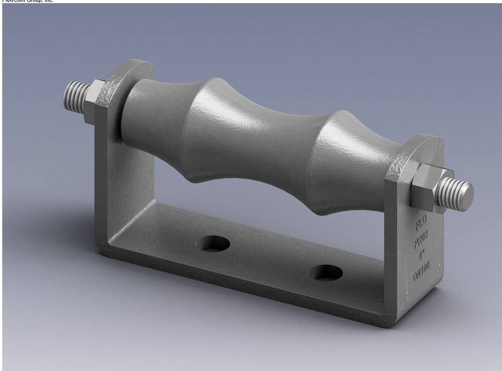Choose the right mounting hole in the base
pos(326,272)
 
